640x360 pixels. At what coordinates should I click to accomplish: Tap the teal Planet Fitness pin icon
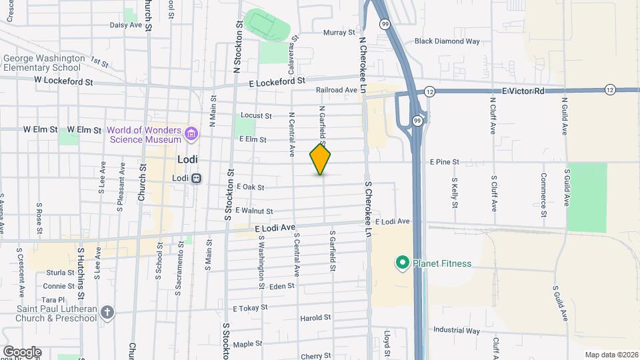tap(402, 263)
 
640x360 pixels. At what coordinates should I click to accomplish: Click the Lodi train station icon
tap(197, 178)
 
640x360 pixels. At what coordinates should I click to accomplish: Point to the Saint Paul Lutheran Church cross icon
tap(109, 311)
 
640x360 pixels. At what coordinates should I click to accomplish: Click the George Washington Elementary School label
tap(44, 63)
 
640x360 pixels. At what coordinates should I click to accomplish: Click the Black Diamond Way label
tap(447, 41)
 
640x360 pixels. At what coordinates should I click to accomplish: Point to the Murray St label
tap(339, 32)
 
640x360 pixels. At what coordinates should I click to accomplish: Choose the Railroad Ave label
tap(337, 90)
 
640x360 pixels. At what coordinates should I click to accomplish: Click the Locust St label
tap(256, 115)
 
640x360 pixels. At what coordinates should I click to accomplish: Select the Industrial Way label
tap(456, 331)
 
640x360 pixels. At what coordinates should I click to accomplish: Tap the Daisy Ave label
tap(126, 25)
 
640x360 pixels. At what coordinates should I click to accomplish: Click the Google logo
tap(22, 351)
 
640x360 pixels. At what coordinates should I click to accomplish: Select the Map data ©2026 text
tap(611, 355)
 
